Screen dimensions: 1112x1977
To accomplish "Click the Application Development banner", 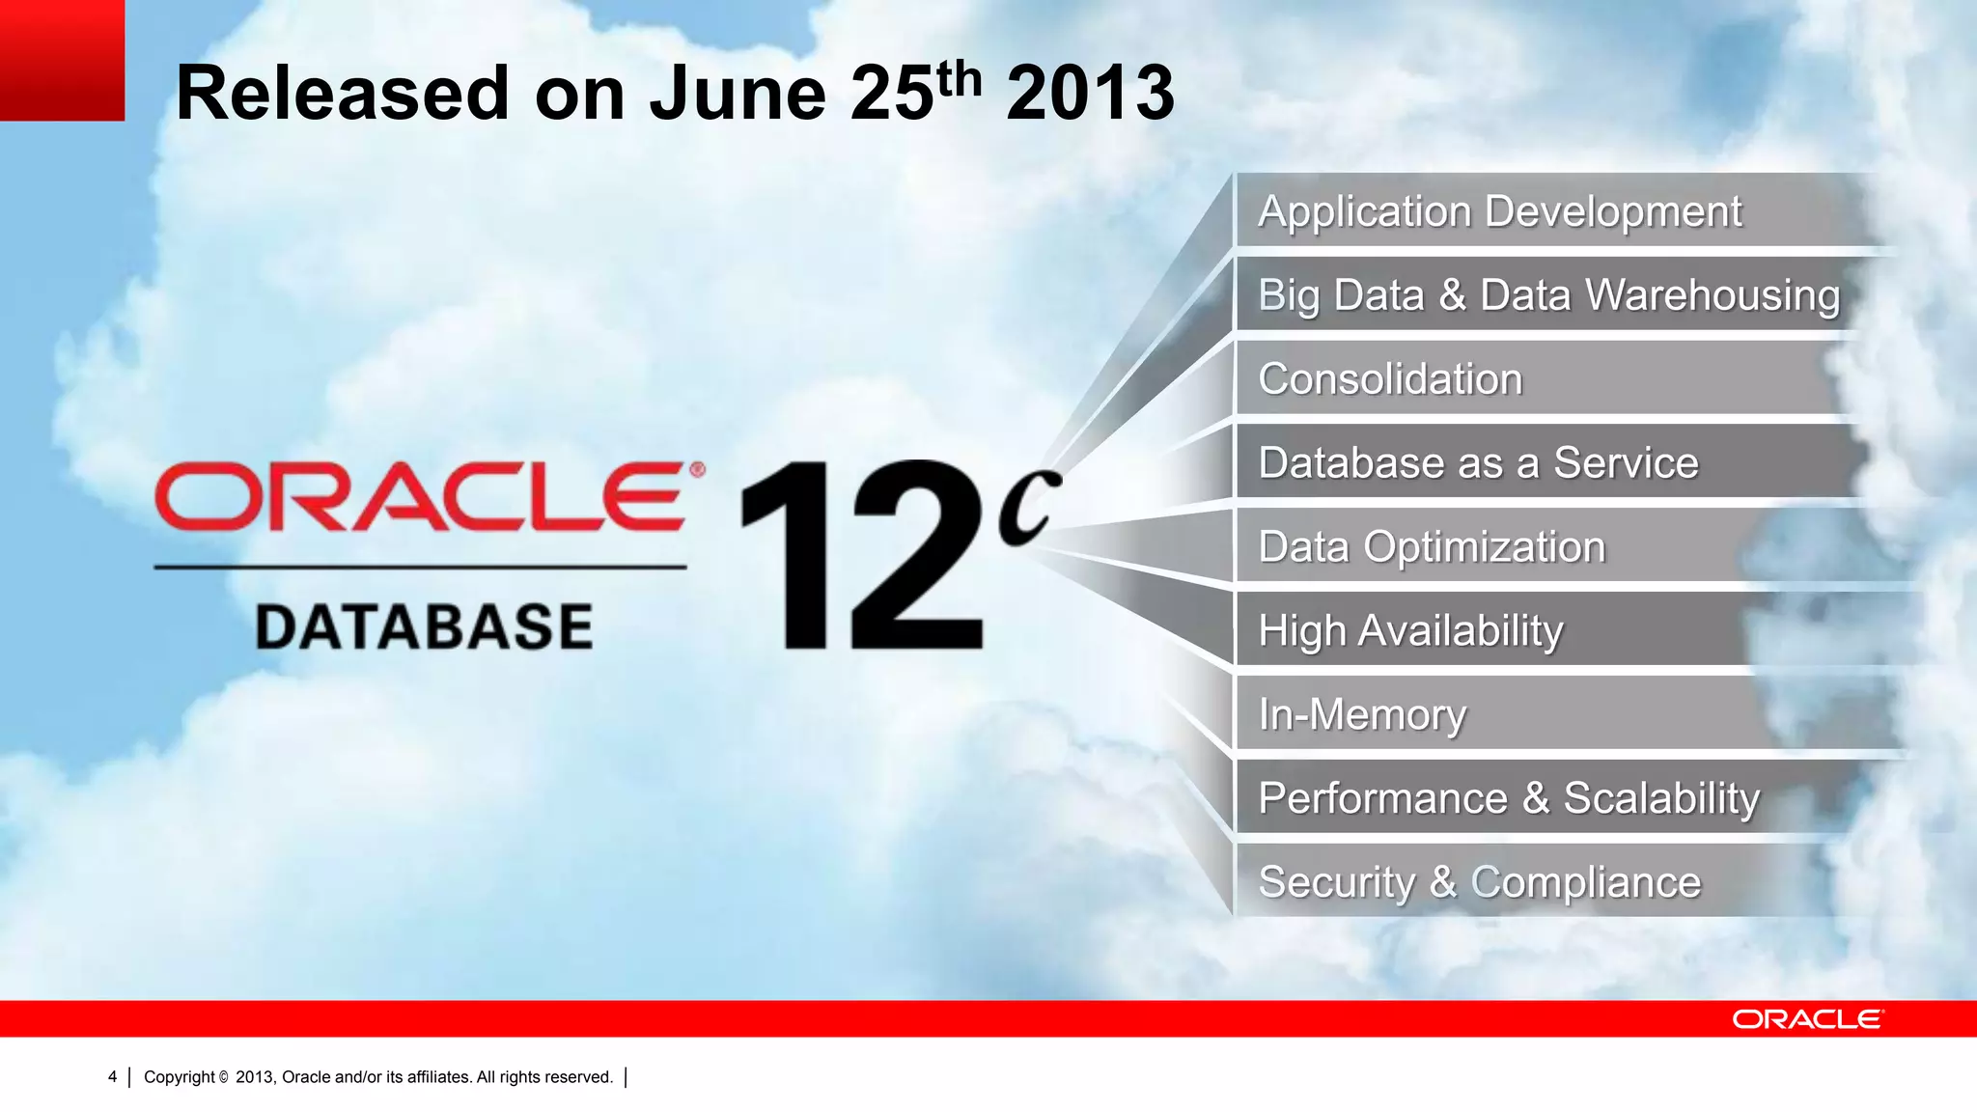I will (1499, 211).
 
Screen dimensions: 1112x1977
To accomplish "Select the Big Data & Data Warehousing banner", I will (1548, 295).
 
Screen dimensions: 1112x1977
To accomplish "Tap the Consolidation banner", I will (1390, 379).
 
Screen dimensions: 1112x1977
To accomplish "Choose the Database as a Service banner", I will (1478, 463).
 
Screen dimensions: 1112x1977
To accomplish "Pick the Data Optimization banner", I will (1432, 547).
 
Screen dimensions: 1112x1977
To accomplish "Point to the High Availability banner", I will (1410, 631).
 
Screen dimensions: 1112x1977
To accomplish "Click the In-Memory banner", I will (1362, 715).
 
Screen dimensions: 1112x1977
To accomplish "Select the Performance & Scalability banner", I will (1509, 799).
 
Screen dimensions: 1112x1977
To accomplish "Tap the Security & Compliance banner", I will (1479, 882).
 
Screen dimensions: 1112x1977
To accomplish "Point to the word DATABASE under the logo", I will (424, 626).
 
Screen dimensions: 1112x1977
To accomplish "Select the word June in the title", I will (738, 94).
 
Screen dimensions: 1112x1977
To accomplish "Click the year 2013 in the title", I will (1090, 94).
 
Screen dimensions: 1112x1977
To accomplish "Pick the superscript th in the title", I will (959, 77).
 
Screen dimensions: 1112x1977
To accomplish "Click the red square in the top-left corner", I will (62, 60).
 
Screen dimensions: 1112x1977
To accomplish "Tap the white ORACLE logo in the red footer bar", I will (1806, 1019).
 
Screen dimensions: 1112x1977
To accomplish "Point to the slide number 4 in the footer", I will (112, 1077).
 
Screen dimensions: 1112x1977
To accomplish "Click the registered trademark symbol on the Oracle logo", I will (697, 470).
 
